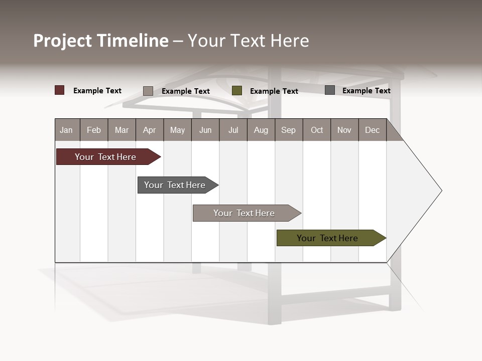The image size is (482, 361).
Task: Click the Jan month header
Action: (67, 130)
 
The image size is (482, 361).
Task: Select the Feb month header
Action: (94, 130)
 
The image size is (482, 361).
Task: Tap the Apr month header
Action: (150, 130)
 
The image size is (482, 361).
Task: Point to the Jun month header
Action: (205, 130)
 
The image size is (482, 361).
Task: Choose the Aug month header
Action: (261, 130)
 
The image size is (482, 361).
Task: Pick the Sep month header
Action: (289, 130)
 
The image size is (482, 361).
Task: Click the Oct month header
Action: (317, 130)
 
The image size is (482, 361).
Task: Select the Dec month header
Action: (373, 130)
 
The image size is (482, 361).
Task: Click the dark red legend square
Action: (60, 90)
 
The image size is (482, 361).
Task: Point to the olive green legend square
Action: (237, 91)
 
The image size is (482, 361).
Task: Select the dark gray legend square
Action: (330, 90)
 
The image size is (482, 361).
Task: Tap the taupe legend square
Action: (148, 91)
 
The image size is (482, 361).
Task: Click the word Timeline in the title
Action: (133, 41)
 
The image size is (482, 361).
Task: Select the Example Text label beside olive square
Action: (274, 91)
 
